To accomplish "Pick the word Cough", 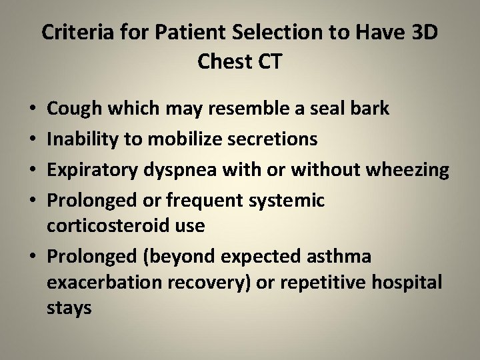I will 71,108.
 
